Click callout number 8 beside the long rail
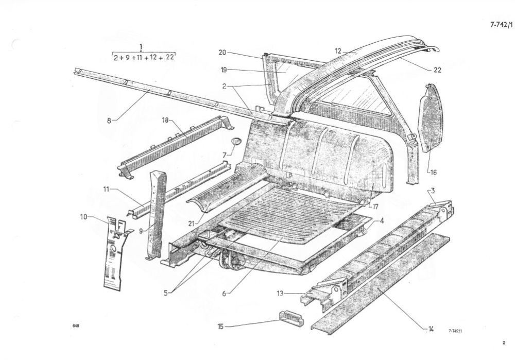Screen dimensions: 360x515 pos(109,121)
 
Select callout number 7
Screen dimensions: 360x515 pos(225,155)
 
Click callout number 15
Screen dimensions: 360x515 pos(220,326)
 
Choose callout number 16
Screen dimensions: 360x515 pos(433,173)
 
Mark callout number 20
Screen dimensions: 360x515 pos(222,53)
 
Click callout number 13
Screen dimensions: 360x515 pos(280,294)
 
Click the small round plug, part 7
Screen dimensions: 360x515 pos(235,141)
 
